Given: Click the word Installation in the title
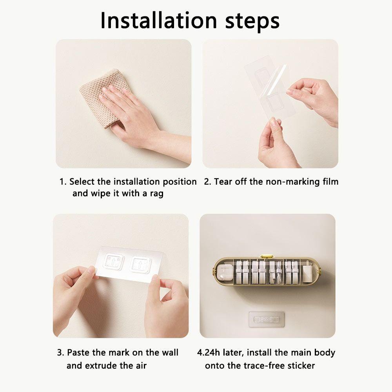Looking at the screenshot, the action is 158,20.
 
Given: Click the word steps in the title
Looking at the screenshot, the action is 252,22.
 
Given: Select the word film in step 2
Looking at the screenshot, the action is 330,181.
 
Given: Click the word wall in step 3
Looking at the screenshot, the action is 170,352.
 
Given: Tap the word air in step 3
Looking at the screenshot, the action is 141,365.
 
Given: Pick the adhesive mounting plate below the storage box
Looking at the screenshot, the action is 267,319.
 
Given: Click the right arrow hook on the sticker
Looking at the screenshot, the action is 141,265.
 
